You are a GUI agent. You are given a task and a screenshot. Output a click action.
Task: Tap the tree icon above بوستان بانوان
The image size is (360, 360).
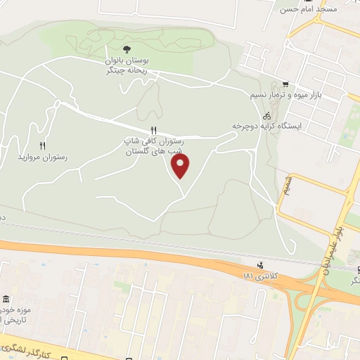coord(127,49)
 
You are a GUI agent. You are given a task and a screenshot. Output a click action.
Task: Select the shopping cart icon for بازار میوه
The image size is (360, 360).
coord(285,82)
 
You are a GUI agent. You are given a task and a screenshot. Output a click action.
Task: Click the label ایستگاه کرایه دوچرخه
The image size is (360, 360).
coord(266,126)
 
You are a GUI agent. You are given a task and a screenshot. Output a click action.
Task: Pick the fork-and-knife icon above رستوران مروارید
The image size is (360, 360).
coord(42,146)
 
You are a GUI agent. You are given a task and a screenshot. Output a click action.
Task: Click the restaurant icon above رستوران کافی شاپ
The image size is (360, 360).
coord(153,130)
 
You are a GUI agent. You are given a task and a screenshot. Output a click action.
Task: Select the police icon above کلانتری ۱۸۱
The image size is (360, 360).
coord(261,265)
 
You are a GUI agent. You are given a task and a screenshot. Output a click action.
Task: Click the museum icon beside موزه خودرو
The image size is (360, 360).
coord(6,300)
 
